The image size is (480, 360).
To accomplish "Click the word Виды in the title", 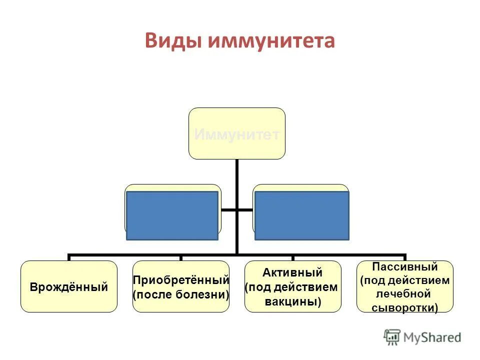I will (x=173, y=40).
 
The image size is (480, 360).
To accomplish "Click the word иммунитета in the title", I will (x=270, y=40).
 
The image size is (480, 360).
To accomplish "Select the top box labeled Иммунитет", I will (x=236, y=133).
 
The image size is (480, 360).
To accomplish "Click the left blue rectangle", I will (x=172, y=215).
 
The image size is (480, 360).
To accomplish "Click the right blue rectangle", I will (x=301, y=215).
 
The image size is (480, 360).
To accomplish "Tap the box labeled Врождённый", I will (x=69, y=287).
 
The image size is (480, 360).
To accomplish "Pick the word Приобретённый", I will (x=180, y=280).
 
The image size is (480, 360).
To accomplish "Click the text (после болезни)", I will (x=180, y=294).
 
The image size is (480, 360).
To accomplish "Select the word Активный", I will (x=292, y=272).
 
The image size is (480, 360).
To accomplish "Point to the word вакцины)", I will (x=292, y=301).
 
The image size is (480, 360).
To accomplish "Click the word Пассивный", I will (x=405, y=266).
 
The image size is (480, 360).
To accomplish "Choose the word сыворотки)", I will (x=405, y=308).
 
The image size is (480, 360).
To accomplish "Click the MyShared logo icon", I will (x=391, y=337).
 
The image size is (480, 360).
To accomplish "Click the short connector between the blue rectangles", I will (x=237, y=209).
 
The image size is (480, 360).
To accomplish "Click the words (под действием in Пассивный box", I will (x=405, y=280).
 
